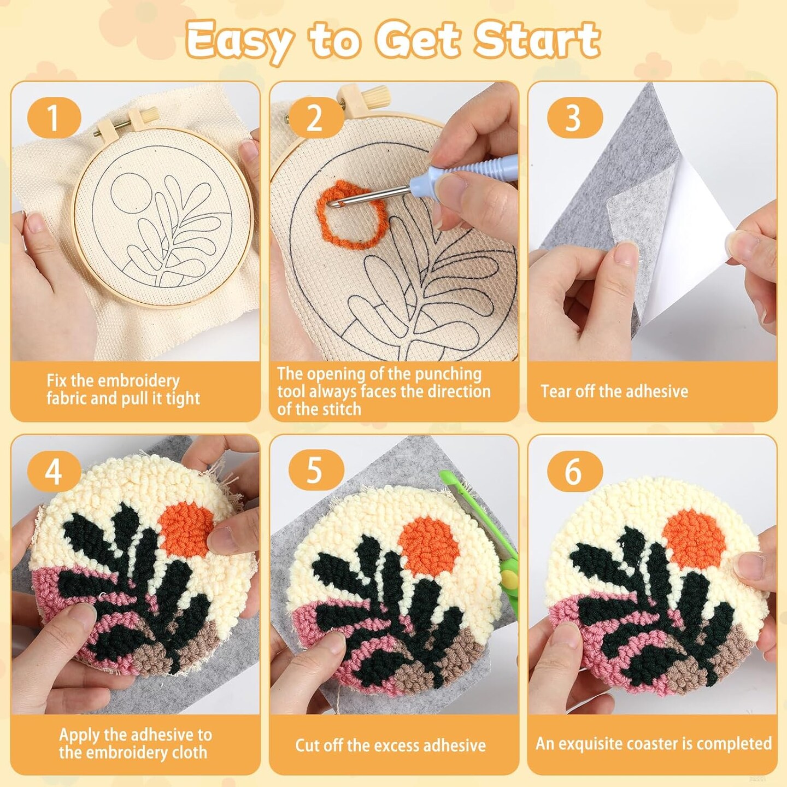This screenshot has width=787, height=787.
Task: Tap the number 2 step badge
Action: [x=314, y=119]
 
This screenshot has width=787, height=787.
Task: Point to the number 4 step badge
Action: [x=54, y=471]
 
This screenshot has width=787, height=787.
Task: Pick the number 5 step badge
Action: [x=314, y=471]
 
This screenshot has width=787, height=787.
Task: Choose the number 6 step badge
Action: [x=574, y=471]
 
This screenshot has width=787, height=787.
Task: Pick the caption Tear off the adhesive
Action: [x=615, y=391]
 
